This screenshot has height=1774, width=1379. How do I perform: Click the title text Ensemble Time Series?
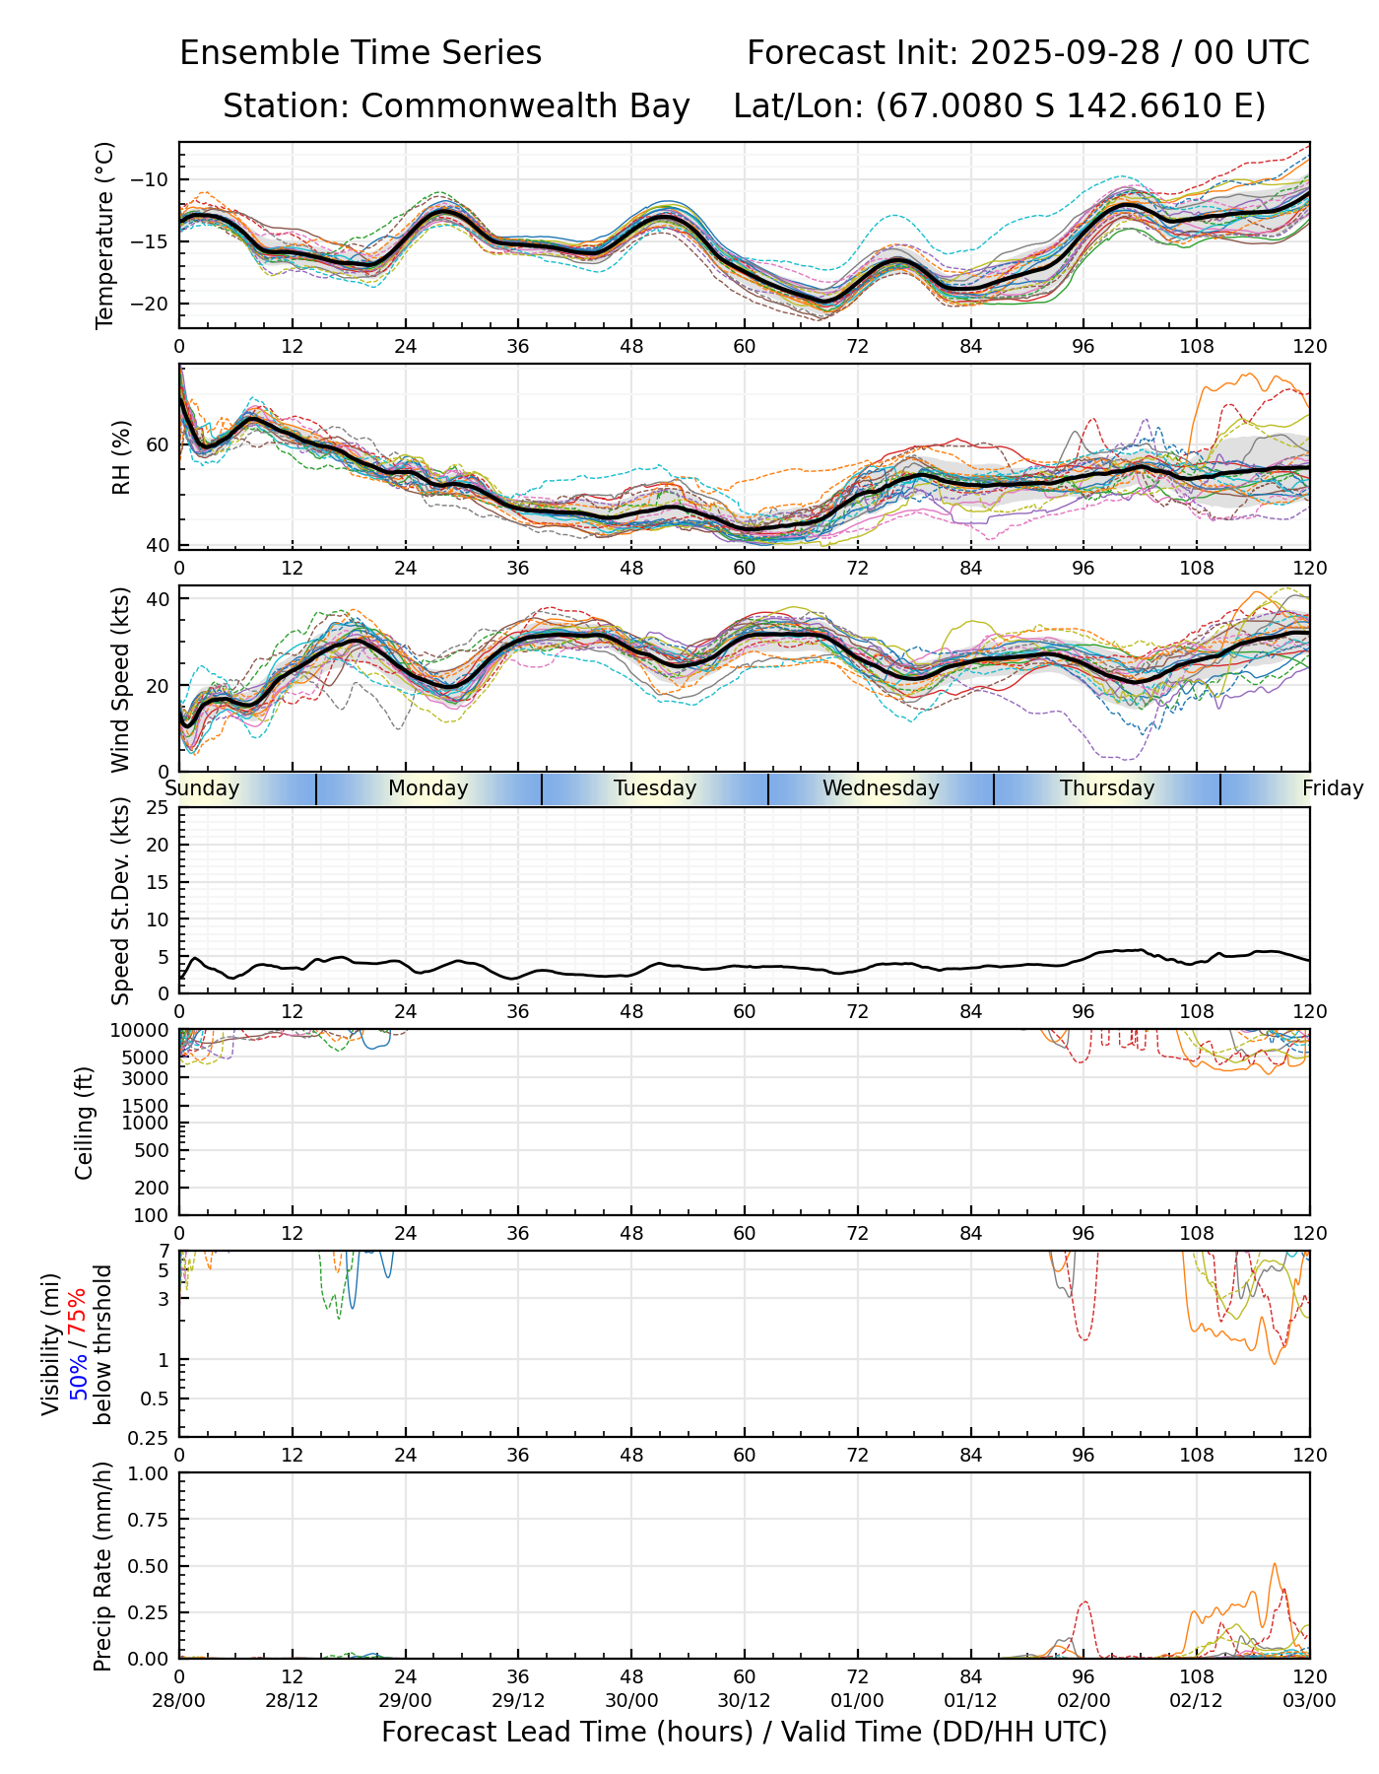click(x=361, y=53)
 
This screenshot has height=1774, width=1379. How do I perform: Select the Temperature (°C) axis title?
click(x=105, y=235)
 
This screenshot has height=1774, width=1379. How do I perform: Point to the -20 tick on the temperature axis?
click(x=155, y=304)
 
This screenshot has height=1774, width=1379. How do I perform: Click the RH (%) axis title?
click(x=121, y=457)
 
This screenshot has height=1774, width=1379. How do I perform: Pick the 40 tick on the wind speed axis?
click(x=158, y=599)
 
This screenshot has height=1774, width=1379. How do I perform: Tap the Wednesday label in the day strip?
click(x=881, y=788)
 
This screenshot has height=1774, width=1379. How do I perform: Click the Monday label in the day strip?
click(x=427, y=788)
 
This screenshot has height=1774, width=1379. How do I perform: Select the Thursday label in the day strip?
click(x=1107, y=788)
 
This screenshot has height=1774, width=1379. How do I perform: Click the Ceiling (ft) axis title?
click(x=85, y=1123)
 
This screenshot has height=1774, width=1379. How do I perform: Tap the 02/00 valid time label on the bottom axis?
click(x=1083, y=1700)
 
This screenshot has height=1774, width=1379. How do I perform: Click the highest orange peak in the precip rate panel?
click(x=1274, y=1564)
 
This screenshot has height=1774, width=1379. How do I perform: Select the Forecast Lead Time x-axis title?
click(x=744, y=1732)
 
